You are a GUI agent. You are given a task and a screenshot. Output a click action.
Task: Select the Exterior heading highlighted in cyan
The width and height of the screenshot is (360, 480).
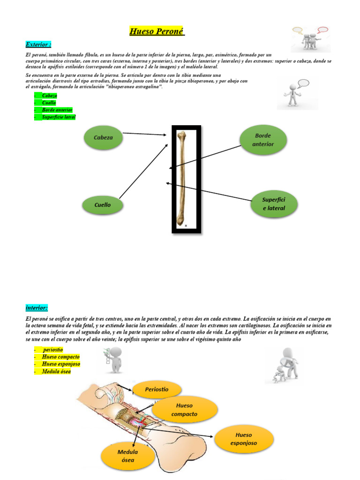tap(38, 45)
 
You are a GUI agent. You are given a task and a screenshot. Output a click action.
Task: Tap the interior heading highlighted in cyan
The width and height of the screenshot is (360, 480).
tap(36, 307)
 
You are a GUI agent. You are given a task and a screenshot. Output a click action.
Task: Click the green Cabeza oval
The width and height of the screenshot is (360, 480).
tap(103, 138)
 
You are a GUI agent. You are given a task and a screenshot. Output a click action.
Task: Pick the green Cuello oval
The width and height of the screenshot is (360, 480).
tap(103, 205)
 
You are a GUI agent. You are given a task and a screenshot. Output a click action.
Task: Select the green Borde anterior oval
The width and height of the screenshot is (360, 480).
tap(263, 140)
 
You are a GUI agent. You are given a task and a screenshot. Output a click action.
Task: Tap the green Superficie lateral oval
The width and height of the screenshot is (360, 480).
tap(274, 204)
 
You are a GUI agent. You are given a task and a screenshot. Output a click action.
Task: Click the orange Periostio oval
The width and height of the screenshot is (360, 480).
tap(157, 390)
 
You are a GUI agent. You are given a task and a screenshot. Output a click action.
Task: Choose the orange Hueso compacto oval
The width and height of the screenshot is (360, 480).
tap(185, 410)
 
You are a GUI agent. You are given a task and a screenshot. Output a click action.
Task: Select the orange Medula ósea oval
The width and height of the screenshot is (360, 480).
tap(127, 456)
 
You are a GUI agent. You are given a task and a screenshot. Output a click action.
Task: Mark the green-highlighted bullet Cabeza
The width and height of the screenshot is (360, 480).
tap(49, 96)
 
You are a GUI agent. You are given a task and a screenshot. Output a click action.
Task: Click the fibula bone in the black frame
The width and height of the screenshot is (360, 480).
tap(181, 178)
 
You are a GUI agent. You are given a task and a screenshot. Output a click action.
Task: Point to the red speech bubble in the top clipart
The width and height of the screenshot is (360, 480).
tap(322, 30)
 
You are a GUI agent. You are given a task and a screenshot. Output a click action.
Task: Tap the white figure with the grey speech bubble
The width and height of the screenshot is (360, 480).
tap(292, 94)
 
